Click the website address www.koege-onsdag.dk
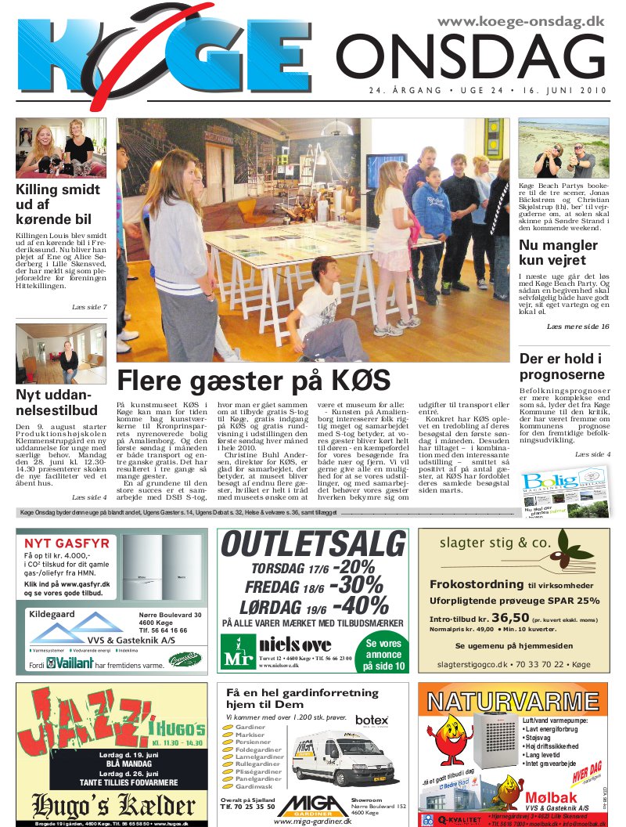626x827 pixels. tap(520, 22)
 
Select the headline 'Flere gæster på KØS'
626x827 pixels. tap(254, 381)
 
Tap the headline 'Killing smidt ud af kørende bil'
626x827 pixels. tap(58, 204)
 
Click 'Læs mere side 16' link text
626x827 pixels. tap(577, 326)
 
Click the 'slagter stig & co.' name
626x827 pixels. tap(495, 543)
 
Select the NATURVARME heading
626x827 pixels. tap(513, 699)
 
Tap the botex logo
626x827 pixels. tap(371, 720)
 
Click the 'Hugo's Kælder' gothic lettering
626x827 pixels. tap(112, 804)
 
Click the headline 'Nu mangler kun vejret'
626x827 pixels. tap(559, 252)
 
